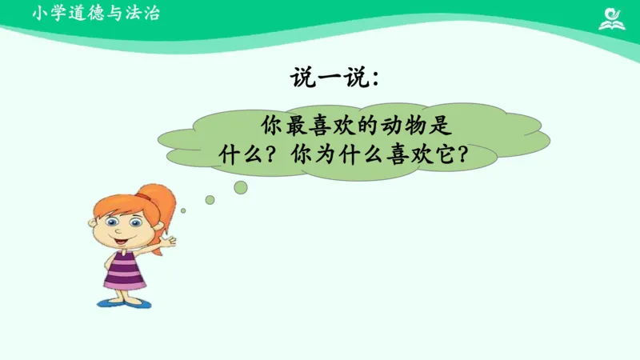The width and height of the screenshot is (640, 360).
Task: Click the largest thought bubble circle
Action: click(x=240, y=187)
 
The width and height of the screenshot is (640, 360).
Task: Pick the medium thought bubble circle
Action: click(x=210, y=200)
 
